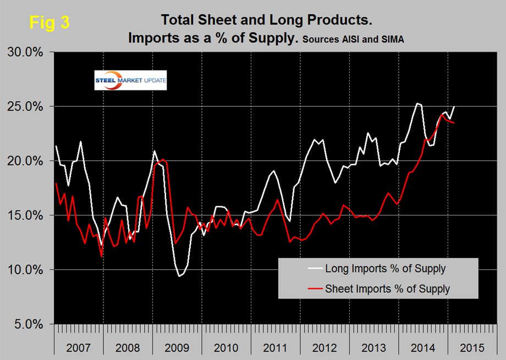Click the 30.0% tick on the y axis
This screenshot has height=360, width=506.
(x=29, y=52)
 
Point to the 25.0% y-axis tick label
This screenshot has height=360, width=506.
(x=29, y=107)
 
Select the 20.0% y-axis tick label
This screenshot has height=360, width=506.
(x=29, y=161)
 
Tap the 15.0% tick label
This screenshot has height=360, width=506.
(x=29, y=215)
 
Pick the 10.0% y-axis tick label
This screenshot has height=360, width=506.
(x=29, y=270)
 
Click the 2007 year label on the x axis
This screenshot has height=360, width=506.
(x=79, y=348)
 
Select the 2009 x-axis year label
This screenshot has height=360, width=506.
(x=177, y=348)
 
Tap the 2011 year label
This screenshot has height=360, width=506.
(x=276, y=348)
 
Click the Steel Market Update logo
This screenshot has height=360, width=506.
(x=130, y=81)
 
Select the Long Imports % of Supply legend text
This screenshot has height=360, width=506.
(x=385, y=269)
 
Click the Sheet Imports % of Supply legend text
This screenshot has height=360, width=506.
(x=387, y=288)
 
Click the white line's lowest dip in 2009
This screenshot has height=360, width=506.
(x=179, y=276)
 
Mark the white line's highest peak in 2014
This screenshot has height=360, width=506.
(x=417, y=103)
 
